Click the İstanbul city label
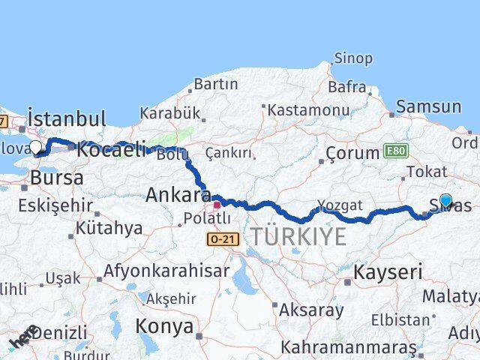[x=67, y=118]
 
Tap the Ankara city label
[x=178, y=195]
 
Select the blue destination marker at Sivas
[x=446, y=200]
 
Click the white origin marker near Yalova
[x=35, y=147]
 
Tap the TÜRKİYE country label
[x=298, y=237]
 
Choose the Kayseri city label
[x=387, y=272]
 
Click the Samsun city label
[x=428, y=106]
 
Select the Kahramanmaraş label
[x=348, y=347]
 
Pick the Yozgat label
[x=339, y=205]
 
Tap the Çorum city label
[x=352, y=154]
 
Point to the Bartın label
[x=215, y=84]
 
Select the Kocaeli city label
[x=110, y=149]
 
